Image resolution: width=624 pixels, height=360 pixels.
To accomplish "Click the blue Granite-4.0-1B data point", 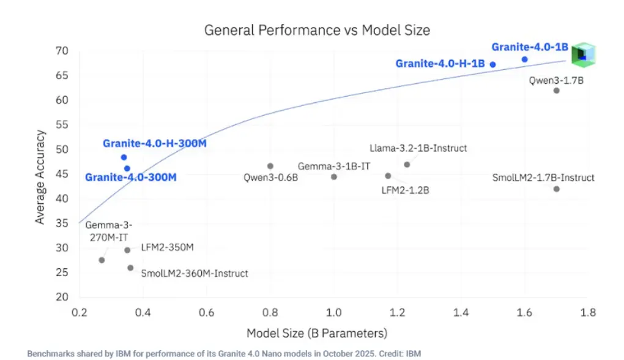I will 524,59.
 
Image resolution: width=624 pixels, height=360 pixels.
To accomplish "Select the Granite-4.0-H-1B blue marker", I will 492,64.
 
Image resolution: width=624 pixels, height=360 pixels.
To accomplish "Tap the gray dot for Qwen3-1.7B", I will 556,91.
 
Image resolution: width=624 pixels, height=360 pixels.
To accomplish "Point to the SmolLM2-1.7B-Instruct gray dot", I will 556,189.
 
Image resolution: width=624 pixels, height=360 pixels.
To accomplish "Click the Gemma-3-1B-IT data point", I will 333,177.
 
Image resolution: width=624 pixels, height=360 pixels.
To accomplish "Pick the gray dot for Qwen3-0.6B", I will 270,166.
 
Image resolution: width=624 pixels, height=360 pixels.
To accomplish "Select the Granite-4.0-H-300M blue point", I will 124,157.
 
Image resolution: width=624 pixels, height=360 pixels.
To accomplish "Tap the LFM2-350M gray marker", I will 127,250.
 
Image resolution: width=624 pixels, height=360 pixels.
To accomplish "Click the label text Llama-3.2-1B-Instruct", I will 418,148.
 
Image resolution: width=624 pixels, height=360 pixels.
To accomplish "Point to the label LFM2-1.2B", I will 405,190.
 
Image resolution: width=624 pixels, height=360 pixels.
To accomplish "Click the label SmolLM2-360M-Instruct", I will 195,273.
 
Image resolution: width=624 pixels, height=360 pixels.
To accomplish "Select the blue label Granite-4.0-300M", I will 130,178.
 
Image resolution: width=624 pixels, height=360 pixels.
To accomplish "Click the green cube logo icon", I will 583,55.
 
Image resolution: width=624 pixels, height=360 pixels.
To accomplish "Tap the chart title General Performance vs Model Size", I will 317,29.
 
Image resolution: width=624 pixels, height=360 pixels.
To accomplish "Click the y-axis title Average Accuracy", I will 40,176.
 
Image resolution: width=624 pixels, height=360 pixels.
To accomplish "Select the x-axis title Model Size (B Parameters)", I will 317,334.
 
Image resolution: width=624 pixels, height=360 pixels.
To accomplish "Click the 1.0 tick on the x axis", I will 333,313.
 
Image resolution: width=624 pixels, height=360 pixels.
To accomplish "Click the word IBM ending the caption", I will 414,354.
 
